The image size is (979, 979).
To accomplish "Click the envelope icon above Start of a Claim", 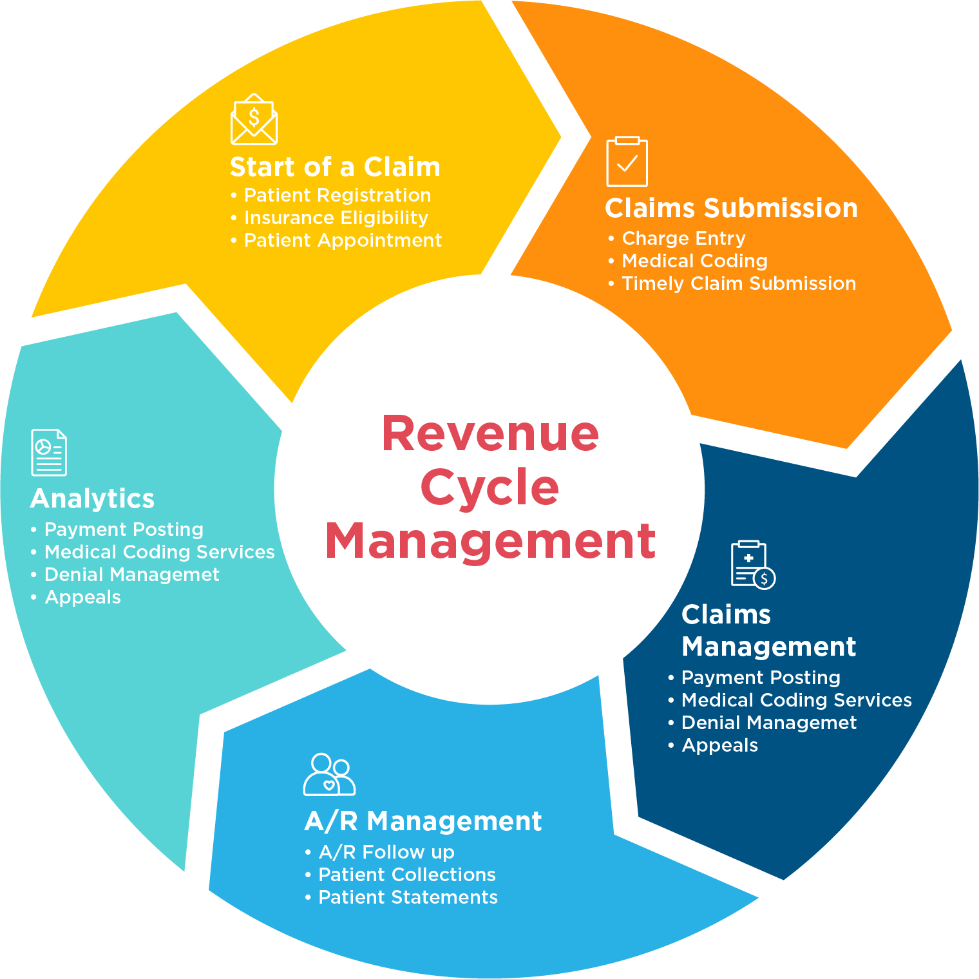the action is click(254, 119).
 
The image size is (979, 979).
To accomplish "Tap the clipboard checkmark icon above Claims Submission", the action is click(627, 161).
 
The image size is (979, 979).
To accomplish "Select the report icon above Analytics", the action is click(49, 452).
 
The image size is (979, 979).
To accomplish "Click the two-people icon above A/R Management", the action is click(329, 774).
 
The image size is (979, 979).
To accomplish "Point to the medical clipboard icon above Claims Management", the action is click(753, 565).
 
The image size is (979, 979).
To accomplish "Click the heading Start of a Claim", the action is click(335, 167).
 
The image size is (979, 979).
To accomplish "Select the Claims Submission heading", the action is click(731, 208).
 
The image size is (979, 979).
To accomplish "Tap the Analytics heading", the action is click(92, 499).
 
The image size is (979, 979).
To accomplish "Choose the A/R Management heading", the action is click(423, 821).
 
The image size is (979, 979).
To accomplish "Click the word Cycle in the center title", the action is click(489, 487).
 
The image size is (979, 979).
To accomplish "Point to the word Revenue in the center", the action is click(490, 433).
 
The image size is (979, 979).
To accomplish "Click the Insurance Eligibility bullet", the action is click(329, 218).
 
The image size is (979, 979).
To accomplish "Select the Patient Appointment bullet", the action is click(336, 240).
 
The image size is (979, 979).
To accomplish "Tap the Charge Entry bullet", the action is click(676, 238).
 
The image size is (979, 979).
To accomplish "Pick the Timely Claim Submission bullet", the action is click(732, 283).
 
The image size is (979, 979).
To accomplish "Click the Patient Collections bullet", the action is click(400, 875).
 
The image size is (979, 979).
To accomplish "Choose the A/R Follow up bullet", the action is click(379, 852).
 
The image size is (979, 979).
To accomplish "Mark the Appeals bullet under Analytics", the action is click(75, 597).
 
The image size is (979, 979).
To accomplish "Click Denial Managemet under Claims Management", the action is click(762, 723).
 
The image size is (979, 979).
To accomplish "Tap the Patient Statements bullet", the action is click(401, 897).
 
